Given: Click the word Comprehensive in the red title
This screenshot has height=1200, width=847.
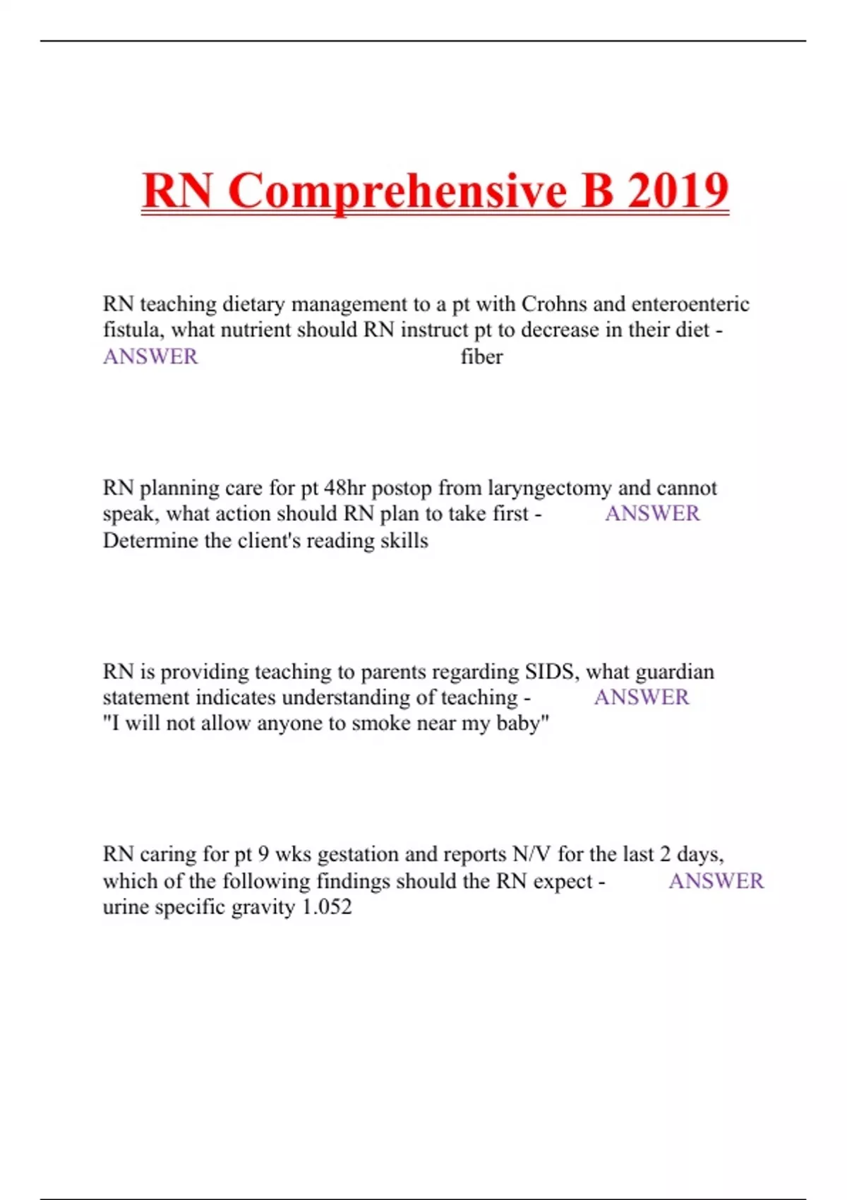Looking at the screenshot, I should (397, 191).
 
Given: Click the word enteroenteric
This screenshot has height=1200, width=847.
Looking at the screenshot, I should (690, 304).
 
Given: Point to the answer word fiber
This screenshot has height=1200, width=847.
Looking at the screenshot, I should (481, 357).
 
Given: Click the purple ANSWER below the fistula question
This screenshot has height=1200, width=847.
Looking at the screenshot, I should (150, 357).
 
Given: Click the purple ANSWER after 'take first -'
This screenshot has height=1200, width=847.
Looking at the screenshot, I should (652, 514).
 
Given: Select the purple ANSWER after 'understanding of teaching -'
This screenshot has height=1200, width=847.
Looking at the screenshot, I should (641, 697).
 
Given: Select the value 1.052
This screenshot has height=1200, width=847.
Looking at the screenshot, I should (326, 907).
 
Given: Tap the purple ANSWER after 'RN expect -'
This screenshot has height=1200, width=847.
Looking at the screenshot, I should (716, 881).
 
